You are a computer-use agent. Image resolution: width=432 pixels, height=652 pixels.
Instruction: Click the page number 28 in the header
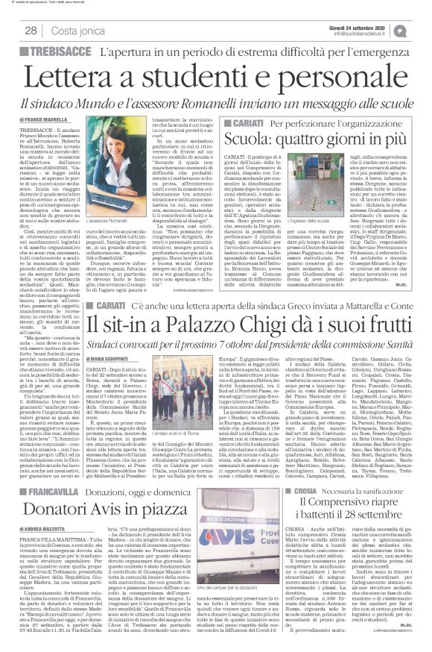[31, 31]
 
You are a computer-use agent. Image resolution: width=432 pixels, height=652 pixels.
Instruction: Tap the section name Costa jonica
[79, 31]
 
